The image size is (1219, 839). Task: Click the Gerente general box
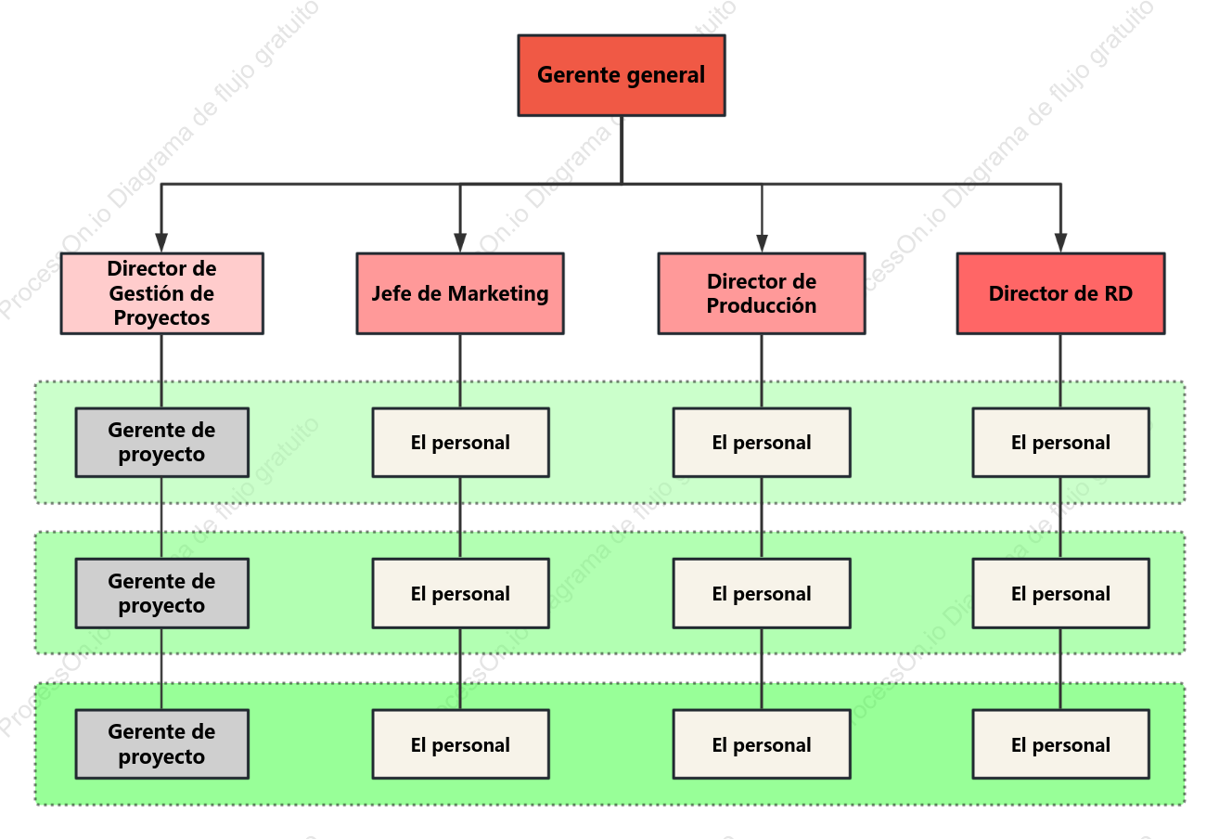[x=622, y=75]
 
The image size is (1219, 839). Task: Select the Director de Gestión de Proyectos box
[x=162, y=293]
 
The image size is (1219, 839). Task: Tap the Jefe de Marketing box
[x=460, y=293]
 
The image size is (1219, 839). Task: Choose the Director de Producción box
[x=762, y=293]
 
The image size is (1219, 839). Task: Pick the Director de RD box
[x=1061, y=293]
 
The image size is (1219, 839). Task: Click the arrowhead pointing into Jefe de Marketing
[x=460, y=243]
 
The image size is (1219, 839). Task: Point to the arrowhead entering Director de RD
[x=1060, y=243]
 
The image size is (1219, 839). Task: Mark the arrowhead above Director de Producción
[x=762, y=243]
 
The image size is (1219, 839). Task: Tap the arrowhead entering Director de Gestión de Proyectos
[x=161, y=243]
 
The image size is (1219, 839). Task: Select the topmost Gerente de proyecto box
[x=162, y=443]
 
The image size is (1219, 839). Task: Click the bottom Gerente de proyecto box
[x=162, y=744]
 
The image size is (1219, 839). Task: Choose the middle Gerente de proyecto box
[x=162, y=593]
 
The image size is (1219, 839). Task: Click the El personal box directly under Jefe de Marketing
[x=461, y=443]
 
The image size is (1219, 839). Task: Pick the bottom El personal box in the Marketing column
[x=461, y=744]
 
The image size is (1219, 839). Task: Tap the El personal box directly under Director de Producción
[x=762, y=443]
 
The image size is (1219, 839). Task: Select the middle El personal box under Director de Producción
[x=762, y=593]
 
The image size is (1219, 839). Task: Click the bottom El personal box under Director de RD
[x=1061, y=744]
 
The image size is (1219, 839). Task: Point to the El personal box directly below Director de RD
[x=1061, y=443]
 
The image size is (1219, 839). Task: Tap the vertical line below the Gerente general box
[x=622, y=149]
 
